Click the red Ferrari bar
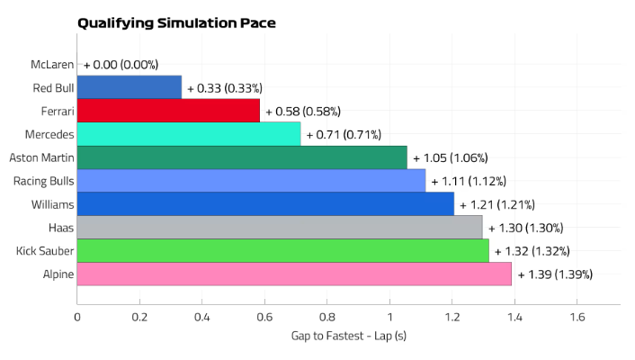point(168,111)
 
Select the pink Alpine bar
point(294,274)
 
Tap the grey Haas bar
point(280,228)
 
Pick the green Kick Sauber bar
point(282,251)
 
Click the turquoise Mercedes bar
point(189,134)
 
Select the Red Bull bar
point(130,87)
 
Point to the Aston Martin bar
point(242,157)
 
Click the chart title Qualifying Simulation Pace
point(176,22)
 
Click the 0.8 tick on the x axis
point(327,317)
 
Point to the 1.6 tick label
point(577,317)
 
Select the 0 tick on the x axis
point(77,317)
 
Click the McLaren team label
point(52,64)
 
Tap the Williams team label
point(52,204)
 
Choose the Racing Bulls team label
point(43,181)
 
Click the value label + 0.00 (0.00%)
point(121,65)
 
